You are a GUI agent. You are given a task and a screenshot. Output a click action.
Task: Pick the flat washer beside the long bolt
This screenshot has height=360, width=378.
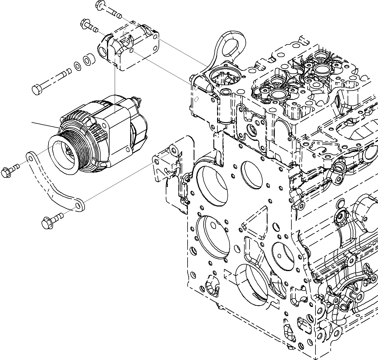click(x=77, y=65)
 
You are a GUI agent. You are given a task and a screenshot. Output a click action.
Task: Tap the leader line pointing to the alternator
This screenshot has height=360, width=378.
click(x=44, y=125)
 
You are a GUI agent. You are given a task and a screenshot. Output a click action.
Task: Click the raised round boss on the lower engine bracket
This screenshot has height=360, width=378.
click(x=173, y=149)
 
